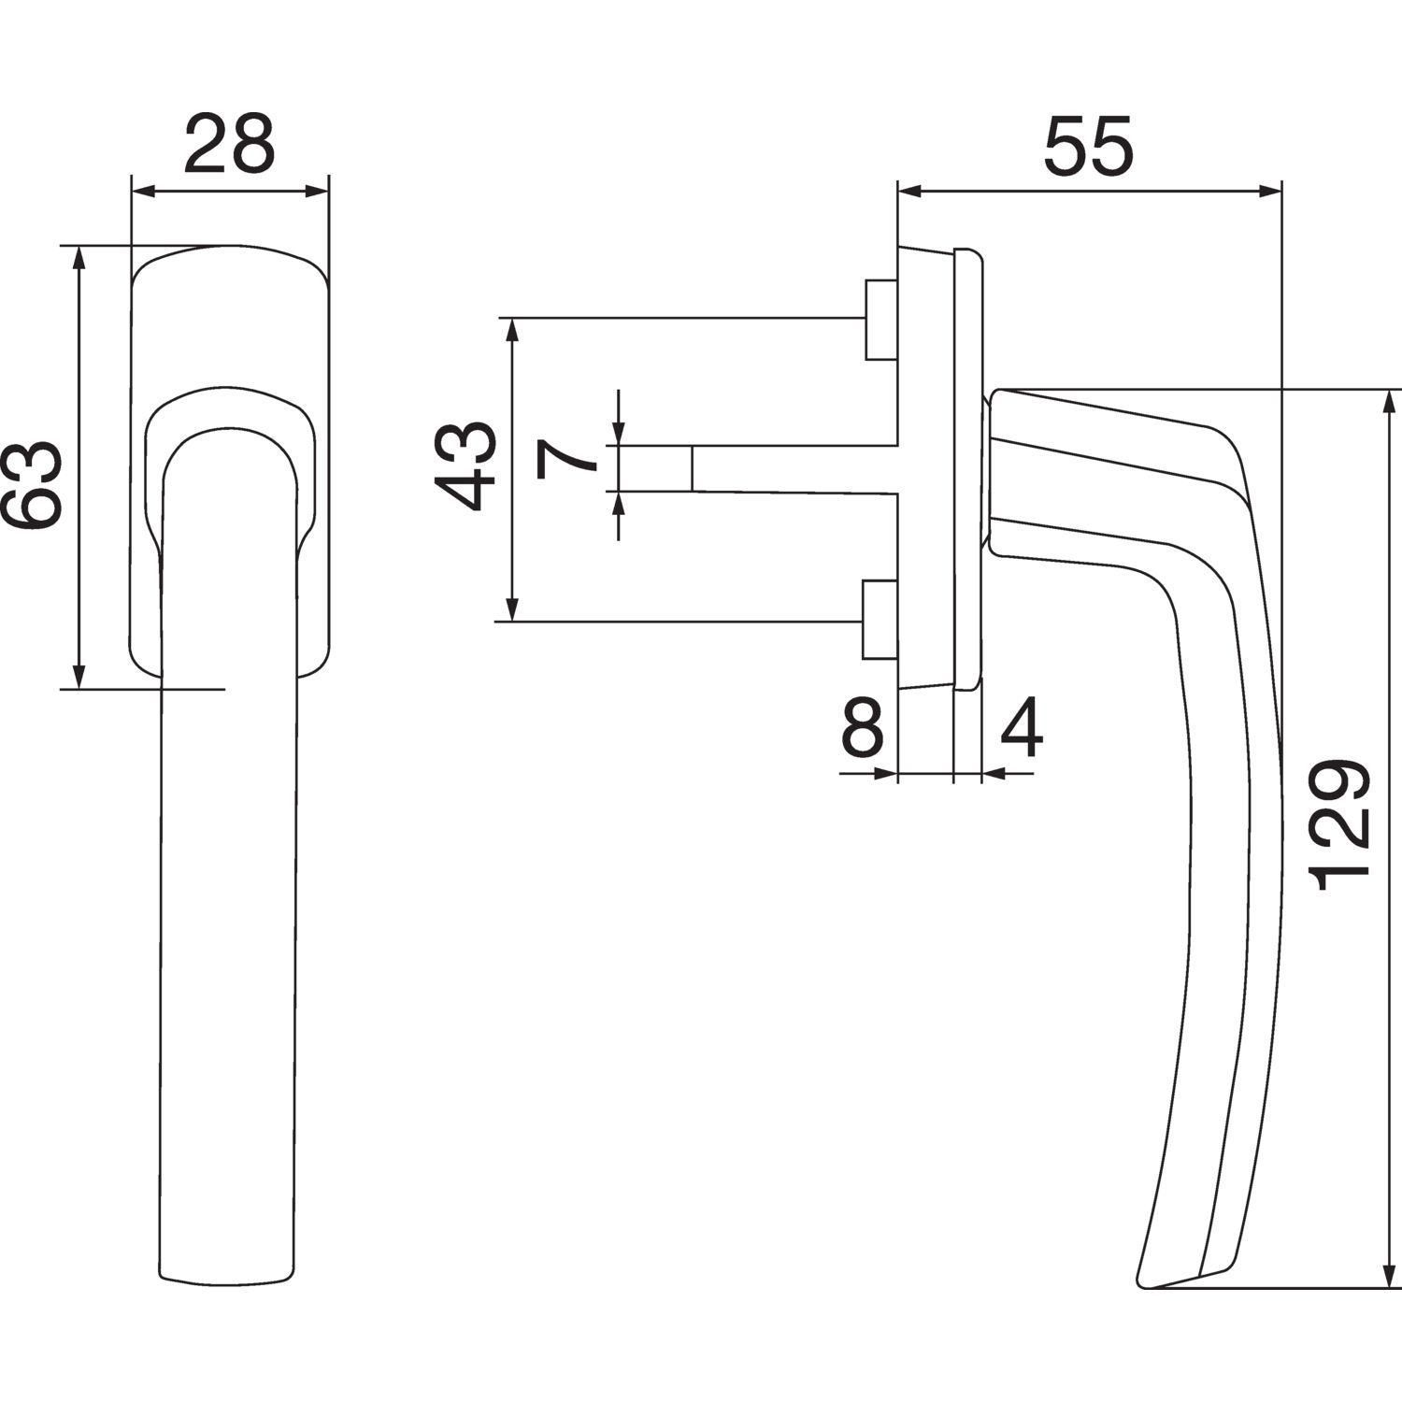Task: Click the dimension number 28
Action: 229,144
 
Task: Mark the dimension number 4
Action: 1022,729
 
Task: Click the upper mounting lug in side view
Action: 880,320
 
